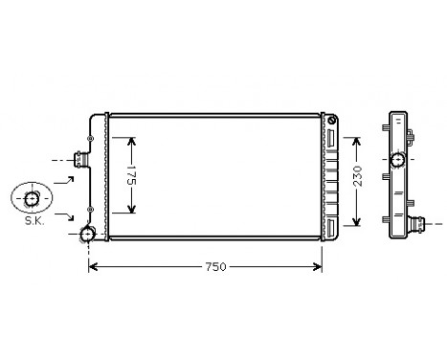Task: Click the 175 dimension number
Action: pyautogui.click(x=132, y=175)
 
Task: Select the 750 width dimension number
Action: pyautogui.click(x=214, y=266)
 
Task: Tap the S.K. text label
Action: pyautogui.click(x=34, y=221)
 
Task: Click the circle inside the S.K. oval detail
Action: pyautogui.click(x=34, y=198)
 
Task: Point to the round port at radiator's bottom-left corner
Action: pyautogui.click(x=88, y=235)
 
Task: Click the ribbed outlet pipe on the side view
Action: pyautogui.click(x=420, y=228)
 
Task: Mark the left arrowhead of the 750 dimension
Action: pyautogui.click(x=93, y=266)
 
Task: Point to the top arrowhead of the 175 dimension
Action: pyautogui.click(x=132, y=140)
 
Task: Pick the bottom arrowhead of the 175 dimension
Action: pyautogui.click(x=132, y=210)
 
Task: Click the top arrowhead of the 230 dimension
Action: pyautogui.click(x=358, y=138)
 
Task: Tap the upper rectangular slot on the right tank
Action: pyautogui.click(x=331, y=140)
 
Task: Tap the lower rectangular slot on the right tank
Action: pyautogui.click(x=331, y=227)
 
